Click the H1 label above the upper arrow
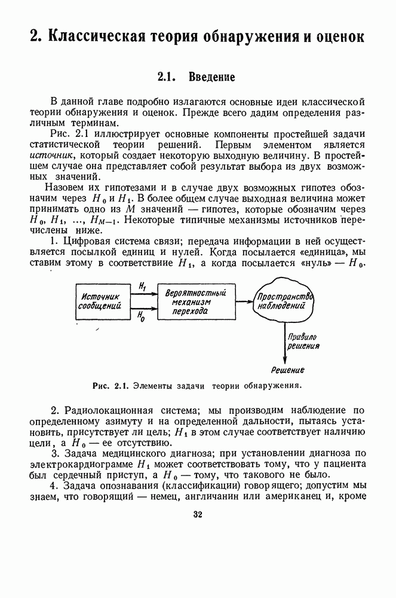(x=141, y=287)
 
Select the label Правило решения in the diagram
(x=302, y=340)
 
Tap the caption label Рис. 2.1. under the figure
(x=111, y=385)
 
